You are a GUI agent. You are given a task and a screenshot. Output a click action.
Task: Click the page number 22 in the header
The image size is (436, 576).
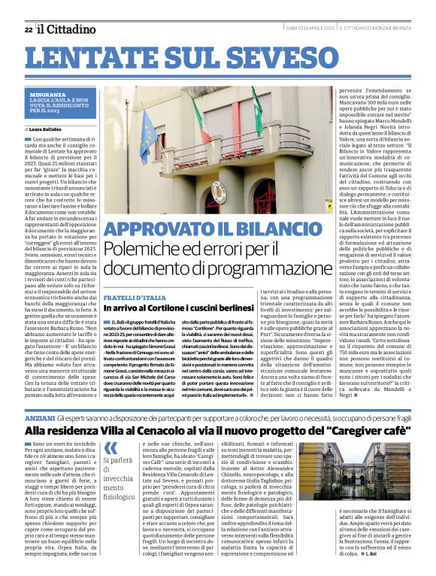tap(28, 29)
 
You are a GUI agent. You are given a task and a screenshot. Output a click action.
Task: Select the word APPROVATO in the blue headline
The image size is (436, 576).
tap(154, 230)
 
